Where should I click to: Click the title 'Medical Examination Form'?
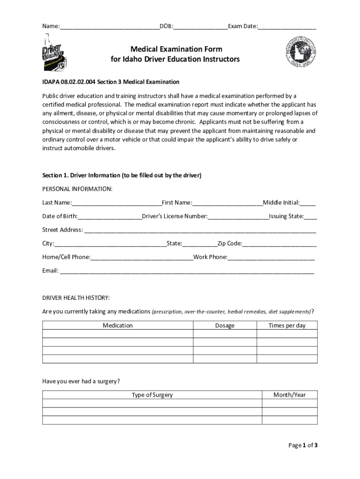coord(176,49)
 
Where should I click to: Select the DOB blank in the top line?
coord(201,27)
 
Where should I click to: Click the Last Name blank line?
coord(116,203)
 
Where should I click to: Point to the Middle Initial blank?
coord(308,203)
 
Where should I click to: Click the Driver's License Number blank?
coord(238,216)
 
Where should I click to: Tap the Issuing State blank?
coord(311,216)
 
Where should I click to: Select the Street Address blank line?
coord(200,230)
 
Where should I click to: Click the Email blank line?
coord(187,270)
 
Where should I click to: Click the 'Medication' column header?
coord(118,325)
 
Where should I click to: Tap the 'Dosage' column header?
coord(225,325)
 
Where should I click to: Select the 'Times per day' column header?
coord(287,325)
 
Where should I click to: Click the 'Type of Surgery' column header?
coord(152,395)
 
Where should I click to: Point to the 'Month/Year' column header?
coord(289,395)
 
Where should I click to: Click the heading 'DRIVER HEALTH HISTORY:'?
coord(76,298)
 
